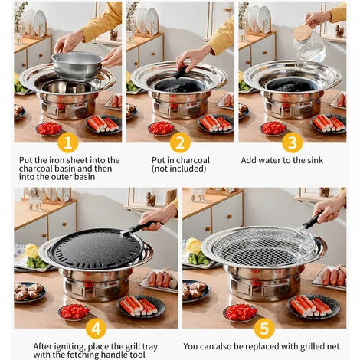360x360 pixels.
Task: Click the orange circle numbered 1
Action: click(x=67, y=142)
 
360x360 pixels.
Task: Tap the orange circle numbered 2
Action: click(x=180, y=142)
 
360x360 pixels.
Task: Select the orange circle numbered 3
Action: click(x=292, y=142)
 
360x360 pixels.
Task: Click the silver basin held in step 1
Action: click(x=76, y=65)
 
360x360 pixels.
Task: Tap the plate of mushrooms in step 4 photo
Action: click(x=29, y=292)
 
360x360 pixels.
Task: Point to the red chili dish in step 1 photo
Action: click(x=50, y=128)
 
